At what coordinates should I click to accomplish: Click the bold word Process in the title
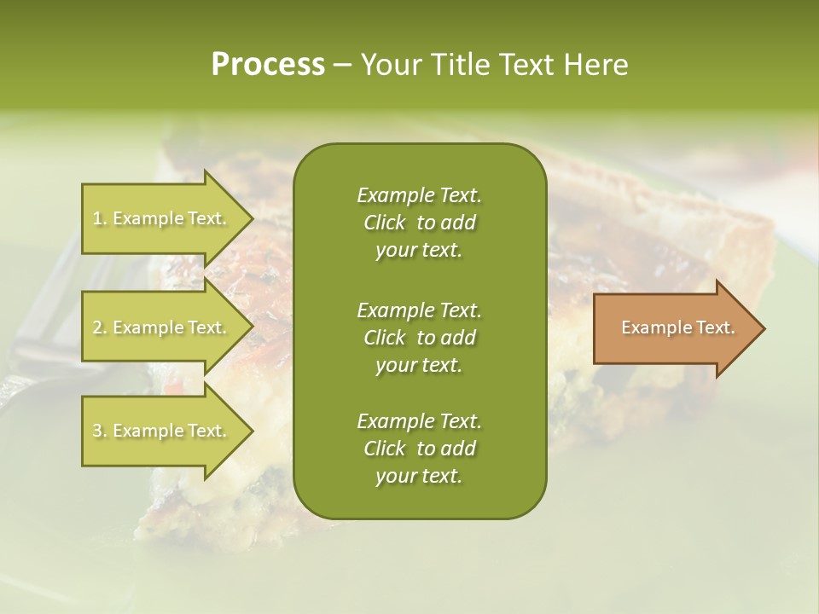(x=268, y=65)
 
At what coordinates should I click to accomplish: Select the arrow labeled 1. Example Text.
(x=162, y=218)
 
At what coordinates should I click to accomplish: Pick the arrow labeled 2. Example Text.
(x=162, y=327)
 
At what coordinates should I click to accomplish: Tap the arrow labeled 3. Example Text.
(x=162, y=431)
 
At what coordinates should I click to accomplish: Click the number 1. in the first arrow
(x=100, y=219)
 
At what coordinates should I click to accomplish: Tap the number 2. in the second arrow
(x=100, y=328)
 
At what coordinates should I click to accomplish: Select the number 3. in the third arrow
(x=100, y=432)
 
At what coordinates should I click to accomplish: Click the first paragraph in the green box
(x=419, y=223)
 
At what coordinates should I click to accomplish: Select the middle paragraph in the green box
(x=419, y=337)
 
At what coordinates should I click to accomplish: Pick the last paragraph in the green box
(x=419, y=449)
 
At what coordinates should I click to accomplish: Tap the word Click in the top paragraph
(x=384, y=223)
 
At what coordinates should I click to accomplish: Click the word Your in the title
(x=389, y=65)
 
